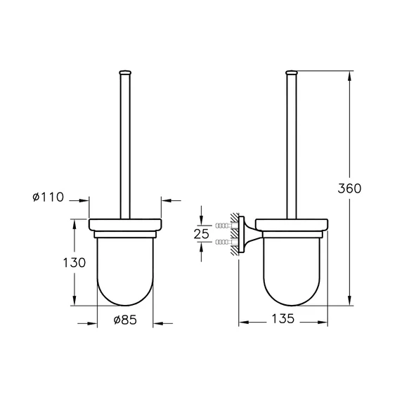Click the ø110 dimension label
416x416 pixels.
pos(48,197)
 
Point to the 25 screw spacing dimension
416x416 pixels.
pos(201,233)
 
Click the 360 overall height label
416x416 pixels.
pos(349,188)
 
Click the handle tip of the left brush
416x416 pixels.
pos(125,71)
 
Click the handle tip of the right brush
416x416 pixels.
pos(292,71)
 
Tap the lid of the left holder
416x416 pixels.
pos(125,226)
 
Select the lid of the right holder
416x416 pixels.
pos(292,226)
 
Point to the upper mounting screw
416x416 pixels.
pos(225,226)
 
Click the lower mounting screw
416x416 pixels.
pos(225,241)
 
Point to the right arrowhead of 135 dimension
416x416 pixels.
pos(327,323)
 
